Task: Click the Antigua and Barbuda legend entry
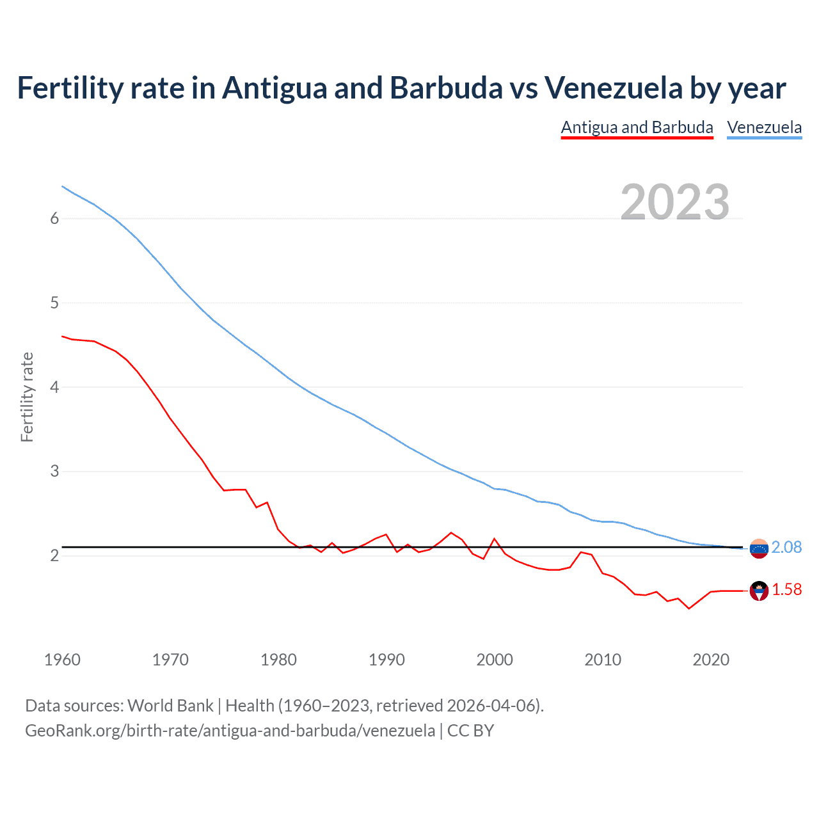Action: point(637,127)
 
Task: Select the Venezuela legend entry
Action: point(764,127)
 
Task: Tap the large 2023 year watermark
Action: point(674,202)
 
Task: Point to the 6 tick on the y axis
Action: point(54,219)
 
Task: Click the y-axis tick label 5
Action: point(54,303)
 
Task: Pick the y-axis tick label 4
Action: point(54,387)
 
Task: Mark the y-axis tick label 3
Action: point(54,472)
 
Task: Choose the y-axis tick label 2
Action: point(54,555)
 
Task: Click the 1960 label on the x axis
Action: point(62,660)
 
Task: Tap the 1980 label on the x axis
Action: point(278,660)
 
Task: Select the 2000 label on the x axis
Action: point(495,660)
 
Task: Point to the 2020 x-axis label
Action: point(711,660)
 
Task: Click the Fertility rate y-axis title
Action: point(27,397)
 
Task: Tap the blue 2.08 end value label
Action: point(786,548)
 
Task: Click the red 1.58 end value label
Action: point(786,590)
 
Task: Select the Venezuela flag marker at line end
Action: point(759,548)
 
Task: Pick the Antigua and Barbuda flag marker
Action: point(759,591)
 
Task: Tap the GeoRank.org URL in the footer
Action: point(230,731)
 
